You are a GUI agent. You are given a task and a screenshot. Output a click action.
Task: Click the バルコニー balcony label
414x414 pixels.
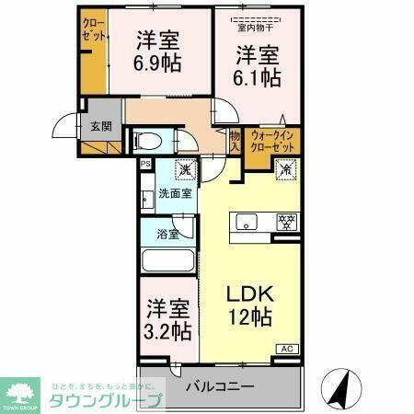tap(220, 386)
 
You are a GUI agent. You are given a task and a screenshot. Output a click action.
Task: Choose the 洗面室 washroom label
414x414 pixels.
tap(174, 193)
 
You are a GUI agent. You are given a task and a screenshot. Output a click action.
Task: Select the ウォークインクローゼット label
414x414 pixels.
tap(273, 142)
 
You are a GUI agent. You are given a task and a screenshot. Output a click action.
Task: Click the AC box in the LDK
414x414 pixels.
tap(289, 349)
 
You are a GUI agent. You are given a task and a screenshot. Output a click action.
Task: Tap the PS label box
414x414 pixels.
tap(145, 165)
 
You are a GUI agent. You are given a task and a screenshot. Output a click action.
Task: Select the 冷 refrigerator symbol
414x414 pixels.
tap(285, 169)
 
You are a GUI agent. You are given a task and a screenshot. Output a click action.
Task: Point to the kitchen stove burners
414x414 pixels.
tap(286, 221)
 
